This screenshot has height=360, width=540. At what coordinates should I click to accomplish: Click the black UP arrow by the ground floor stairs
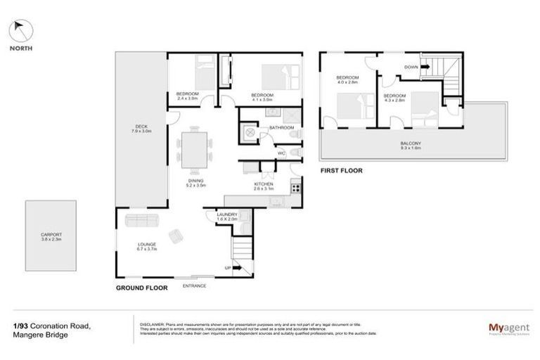(x=236, y=268)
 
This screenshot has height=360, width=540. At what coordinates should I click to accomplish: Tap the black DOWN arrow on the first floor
(x=425, y=67)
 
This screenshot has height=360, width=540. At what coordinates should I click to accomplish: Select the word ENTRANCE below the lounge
(x=195, y=285)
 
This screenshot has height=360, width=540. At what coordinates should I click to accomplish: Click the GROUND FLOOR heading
(x=141, y=288)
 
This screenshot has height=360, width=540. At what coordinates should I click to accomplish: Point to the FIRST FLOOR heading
(x=340, y=170)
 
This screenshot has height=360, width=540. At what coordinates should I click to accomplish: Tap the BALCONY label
(x=411, y=146)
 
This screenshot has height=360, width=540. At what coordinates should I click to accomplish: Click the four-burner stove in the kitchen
(x=296, y=188)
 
